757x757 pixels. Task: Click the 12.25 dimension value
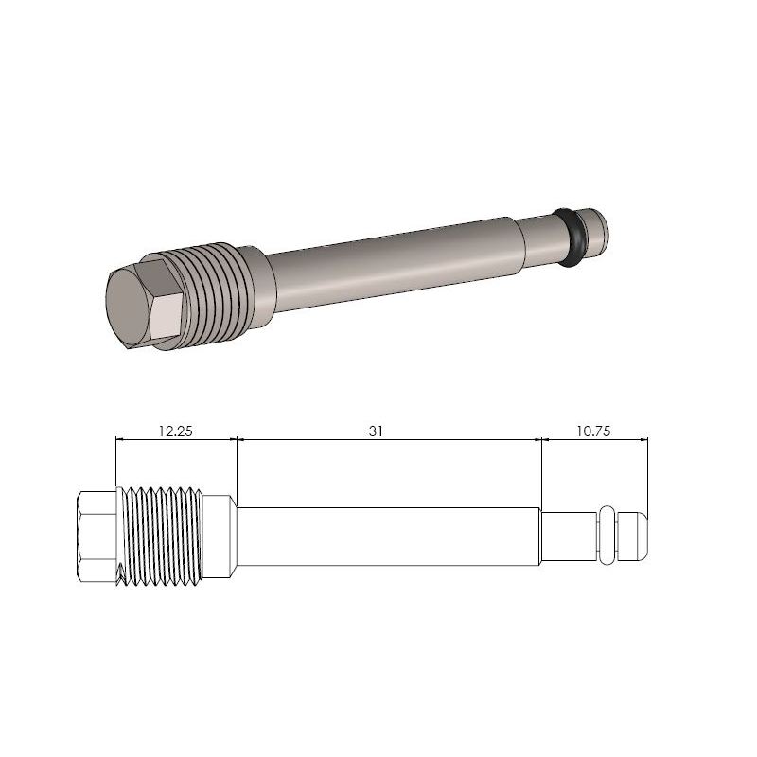coord(175,430)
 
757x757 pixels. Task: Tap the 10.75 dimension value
coord(593,430)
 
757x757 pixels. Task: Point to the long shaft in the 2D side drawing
coord(388,537)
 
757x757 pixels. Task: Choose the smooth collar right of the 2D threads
coord(220,537)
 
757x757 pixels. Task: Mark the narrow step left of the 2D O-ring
coord(568,537)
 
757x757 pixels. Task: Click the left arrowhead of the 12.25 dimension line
coord(119,439)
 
